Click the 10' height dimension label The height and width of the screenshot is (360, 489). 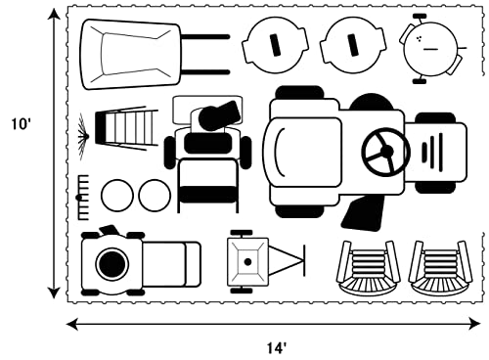22,124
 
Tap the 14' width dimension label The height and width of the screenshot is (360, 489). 277,348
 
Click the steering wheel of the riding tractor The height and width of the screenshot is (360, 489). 386,151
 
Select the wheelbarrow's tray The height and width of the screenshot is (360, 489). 130,54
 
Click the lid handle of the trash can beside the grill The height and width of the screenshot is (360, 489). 352,45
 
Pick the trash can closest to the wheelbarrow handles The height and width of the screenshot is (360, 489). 275,45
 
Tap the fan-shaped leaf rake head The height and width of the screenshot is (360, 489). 83,136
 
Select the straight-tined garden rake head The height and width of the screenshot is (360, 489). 83,198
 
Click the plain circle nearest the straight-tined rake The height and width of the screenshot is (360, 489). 117,196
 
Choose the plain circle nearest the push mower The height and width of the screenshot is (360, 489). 155,196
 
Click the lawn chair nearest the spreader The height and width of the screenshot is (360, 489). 369,267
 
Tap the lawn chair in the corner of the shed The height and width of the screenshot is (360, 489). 440,267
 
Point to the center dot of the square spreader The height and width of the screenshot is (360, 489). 247,261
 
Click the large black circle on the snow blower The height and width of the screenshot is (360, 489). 112,264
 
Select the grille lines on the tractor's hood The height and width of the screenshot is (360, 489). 432,152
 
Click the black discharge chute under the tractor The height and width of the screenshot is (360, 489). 363,213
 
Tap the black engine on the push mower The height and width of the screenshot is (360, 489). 219,115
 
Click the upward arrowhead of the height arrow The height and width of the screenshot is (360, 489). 54,15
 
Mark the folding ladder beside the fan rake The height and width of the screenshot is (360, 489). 126,128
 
